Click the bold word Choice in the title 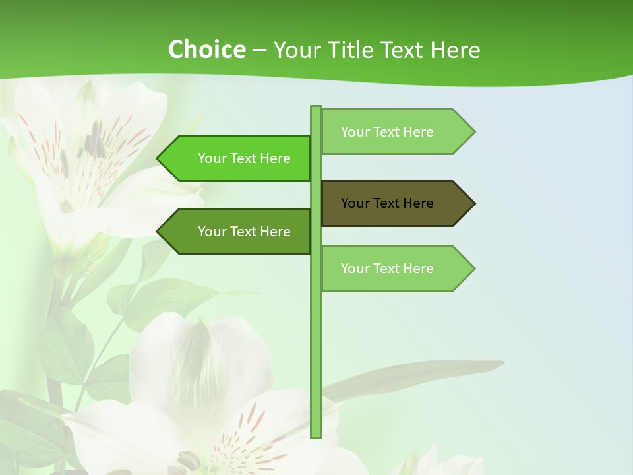206,49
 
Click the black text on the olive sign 387,203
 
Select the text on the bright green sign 244,158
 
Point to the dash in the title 259,51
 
